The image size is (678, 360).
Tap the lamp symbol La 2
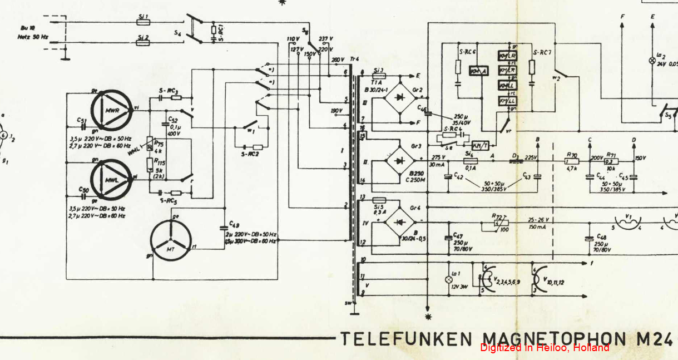652,60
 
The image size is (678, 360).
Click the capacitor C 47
449,238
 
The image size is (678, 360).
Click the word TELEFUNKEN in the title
407,338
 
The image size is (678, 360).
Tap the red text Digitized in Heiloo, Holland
545,348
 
